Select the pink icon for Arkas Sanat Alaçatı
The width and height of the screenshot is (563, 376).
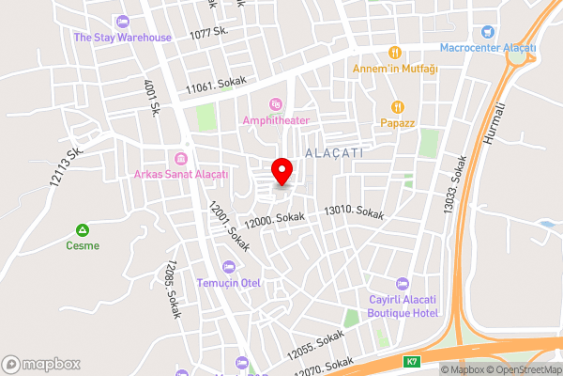pos(181,157)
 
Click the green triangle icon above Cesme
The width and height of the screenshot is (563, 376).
pos(83,230)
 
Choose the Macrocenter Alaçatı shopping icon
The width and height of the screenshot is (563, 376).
pos(487,32)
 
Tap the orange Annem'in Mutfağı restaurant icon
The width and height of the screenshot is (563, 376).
pos(396,52)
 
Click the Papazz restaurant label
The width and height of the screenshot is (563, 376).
pos(398,122)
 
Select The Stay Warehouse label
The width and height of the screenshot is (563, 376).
pos(122,38)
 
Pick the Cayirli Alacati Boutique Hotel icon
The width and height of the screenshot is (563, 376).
pos(403,283)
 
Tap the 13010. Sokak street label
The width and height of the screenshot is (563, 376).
pos(354,213)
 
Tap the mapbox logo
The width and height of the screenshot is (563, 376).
pos(41,364)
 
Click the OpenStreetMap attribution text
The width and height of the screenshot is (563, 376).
pos(523,369)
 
